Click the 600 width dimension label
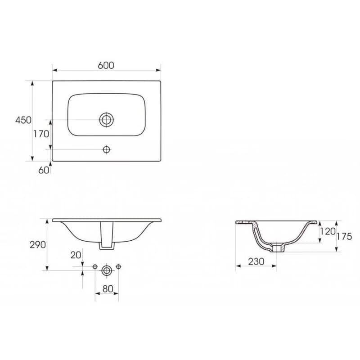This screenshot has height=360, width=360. tap(106, 65)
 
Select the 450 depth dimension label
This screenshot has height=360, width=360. tap(23, 120)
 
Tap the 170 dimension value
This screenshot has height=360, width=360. tap(41, 134)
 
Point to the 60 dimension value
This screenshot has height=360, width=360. tap(44, 170)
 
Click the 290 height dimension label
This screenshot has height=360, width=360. tap(38, 245)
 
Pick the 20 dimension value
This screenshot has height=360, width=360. tap(76, 255)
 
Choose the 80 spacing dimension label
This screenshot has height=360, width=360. tap(108, 289)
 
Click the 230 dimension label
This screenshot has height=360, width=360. tap(256, 261)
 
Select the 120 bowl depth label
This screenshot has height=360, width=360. tap(328, 231)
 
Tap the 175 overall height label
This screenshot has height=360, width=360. tap(344, 236)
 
